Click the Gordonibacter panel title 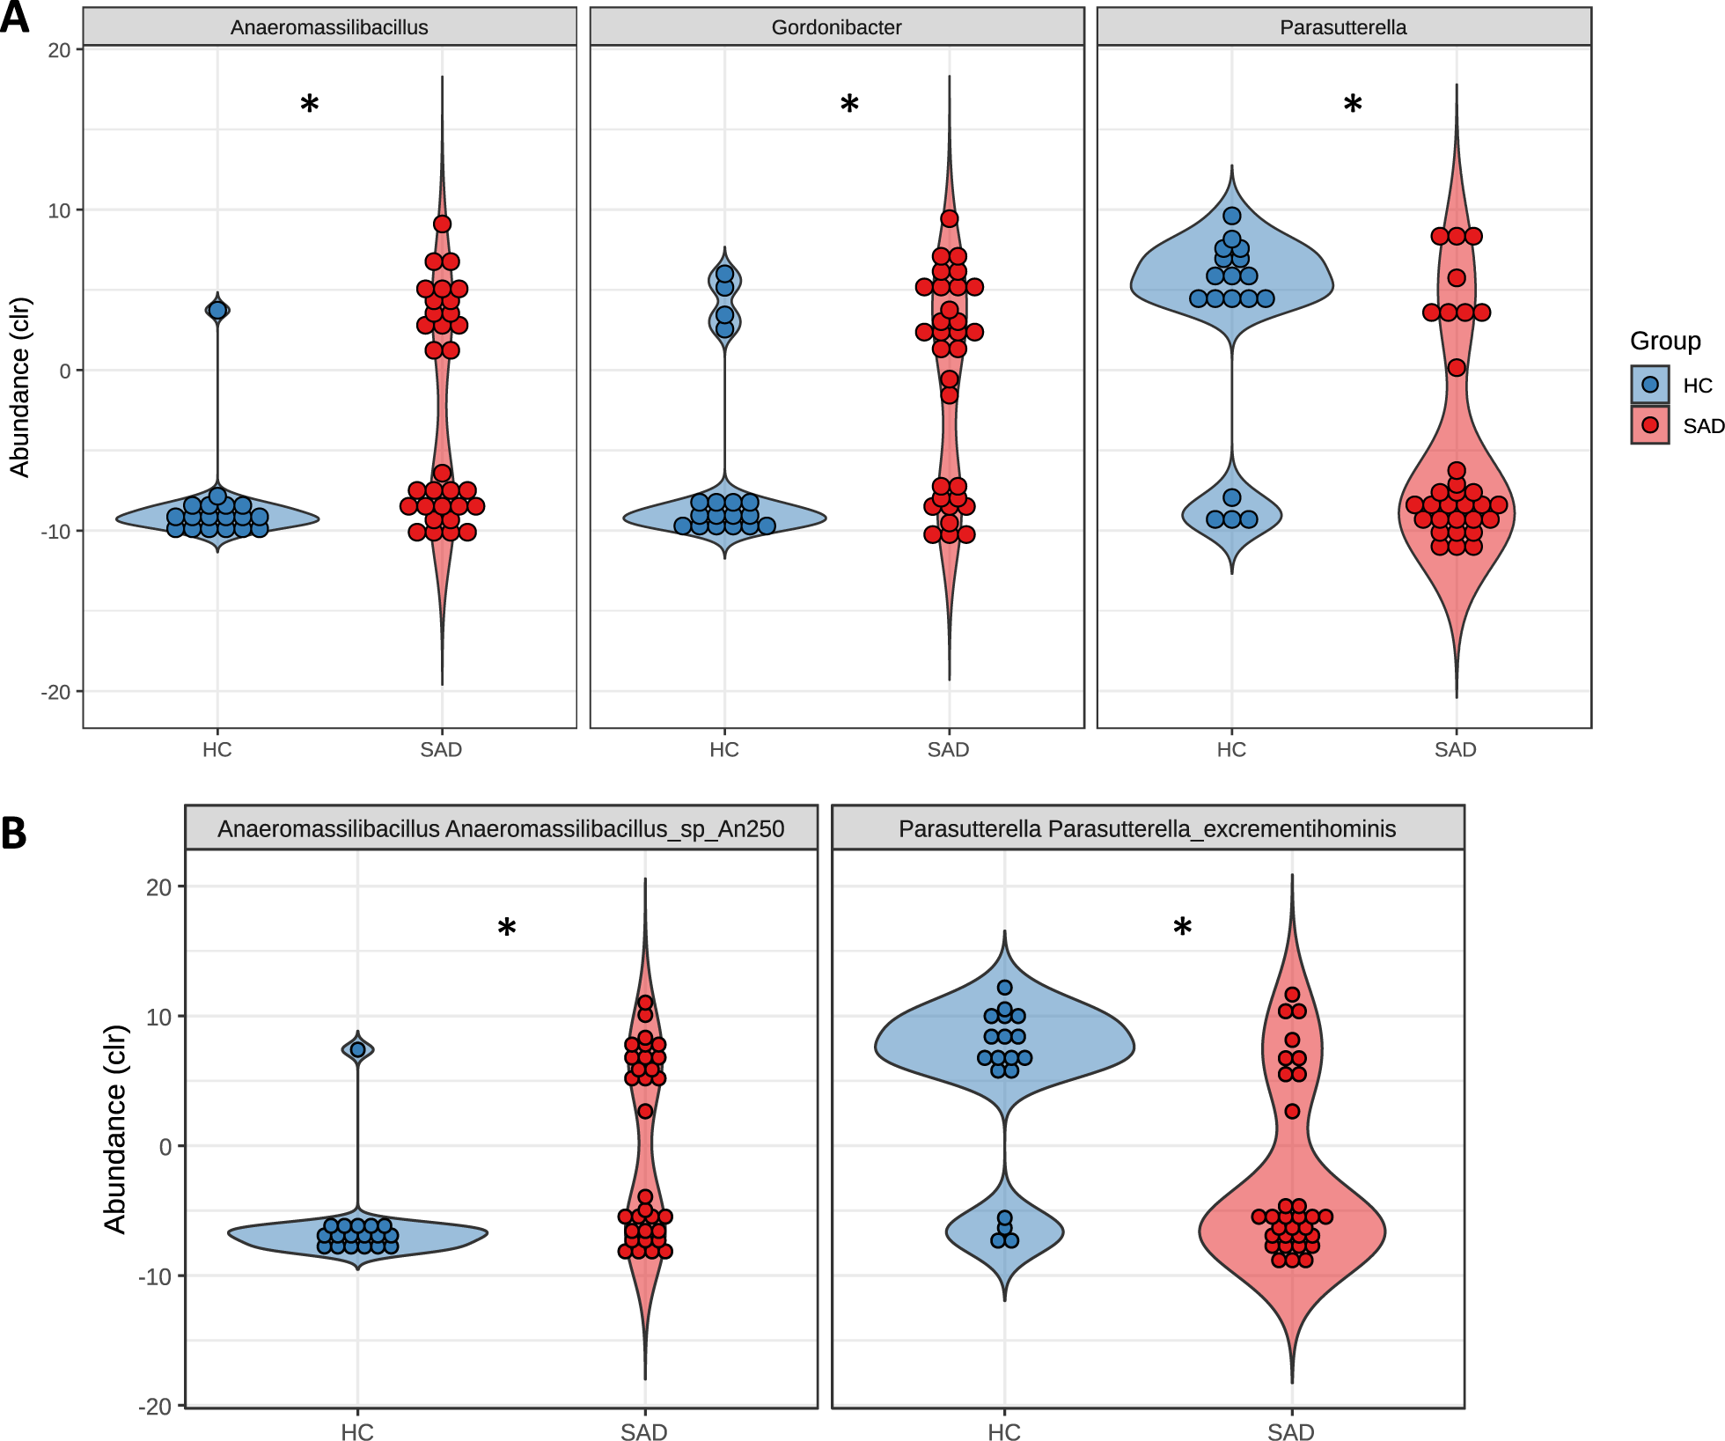click(836, 27)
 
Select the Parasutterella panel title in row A click(1343, 27)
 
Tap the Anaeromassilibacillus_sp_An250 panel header click(501, 828)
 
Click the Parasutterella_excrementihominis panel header click(1147, 828)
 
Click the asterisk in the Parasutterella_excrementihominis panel click(1183, 928)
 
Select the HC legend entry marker click(1650, 385)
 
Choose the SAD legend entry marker click(1650, 425)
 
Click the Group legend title click(1665, 341)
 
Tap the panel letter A click(14, 18)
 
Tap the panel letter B click(14, 833)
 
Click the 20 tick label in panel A click(59, 50)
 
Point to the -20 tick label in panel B click(155, 1406)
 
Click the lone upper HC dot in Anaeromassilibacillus click(217, 310)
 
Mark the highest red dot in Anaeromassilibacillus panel click(442, 224)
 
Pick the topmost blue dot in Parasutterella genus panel click(1232, 216)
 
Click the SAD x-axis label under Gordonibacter click(948, 750)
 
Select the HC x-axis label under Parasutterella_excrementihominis click(1004, 1432)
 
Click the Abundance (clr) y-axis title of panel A click(19, 387)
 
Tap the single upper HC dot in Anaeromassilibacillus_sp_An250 click(357, 1049)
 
